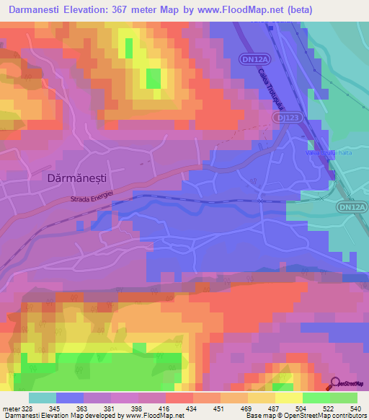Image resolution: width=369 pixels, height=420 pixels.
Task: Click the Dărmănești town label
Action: click(x=61, y=176)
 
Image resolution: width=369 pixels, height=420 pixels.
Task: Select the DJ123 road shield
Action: click(x=289, y=117)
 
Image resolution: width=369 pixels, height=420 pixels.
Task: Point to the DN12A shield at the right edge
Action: click(x=352, y=207)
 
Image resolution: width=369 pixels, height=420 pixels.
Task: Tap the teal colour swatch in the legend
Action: click(x=42, y=398)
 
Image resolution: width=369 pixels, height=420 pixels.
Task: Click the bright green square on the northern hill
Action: click(x=154, y=78)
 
